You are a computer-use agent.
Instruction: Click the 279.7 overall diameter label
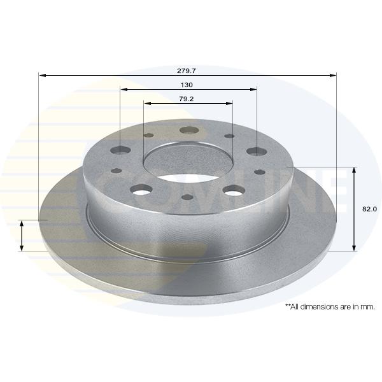point(187,71)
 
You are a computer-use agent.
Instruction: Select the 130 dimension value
point(187,85)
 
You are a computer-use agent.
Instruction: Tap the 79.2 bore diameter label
point(187,99)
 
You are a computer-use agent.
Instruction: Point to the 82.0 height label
point(369,209)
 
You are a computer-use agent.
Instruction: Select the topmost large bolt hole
point(189,130)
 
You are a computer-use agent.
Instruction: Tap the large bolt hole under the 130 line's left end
point(120,150)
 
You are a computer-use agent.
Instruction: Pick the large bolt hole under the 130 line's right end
point(257,152)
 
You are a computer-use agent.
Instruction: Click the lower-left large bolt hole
point(141,190)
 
